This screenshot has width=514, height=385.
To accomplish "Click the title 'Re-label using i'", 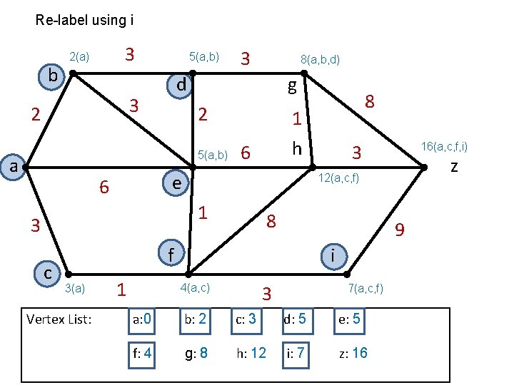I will [x=84, y=20].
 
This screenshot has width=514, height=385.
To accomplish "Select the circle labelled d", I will [x=181, y=86].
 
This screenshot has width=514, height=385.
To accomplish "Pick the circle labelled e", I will [x=175, y=183].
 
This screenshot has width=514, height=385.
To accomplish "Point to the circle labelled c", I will [x=48, y=272].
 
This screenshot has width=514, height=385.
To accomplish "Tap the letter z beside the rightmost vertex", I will [x=453, y=168].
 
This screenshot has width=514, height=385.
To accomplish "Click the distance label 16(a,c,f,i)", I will [x=444, y=147].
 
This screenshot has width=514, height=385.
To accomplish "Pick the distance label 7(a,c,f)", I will [x=366, y=288].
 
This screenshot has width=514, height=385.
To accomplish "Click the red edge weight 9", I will [x=400, y=230].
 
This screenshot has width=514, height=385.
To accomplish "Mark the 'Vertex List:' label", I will [x=59, y=319].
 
